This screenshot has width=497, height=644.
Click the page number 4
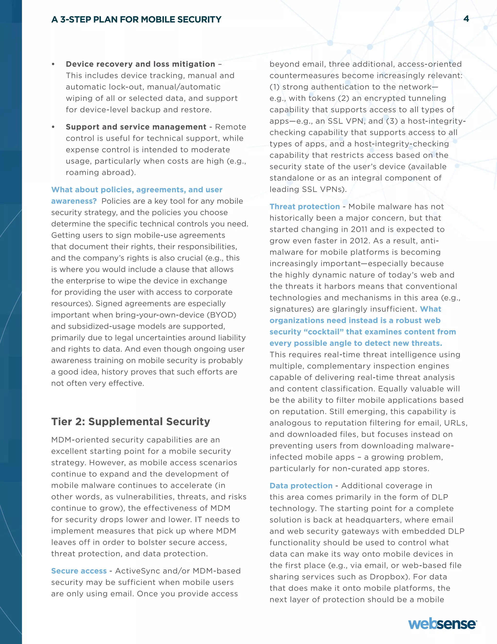466,19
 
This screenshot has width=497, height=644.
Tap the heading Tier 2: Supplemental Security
131,421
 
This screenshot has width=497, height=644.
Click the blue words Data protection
301,486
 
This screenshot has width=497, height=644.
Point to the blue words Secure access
79,571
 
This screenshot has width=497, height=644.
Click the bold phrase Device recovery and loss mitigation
141,64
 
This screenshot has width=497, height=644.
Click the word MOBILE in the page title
157,19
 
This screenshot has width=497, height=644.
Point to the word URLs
455,423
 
